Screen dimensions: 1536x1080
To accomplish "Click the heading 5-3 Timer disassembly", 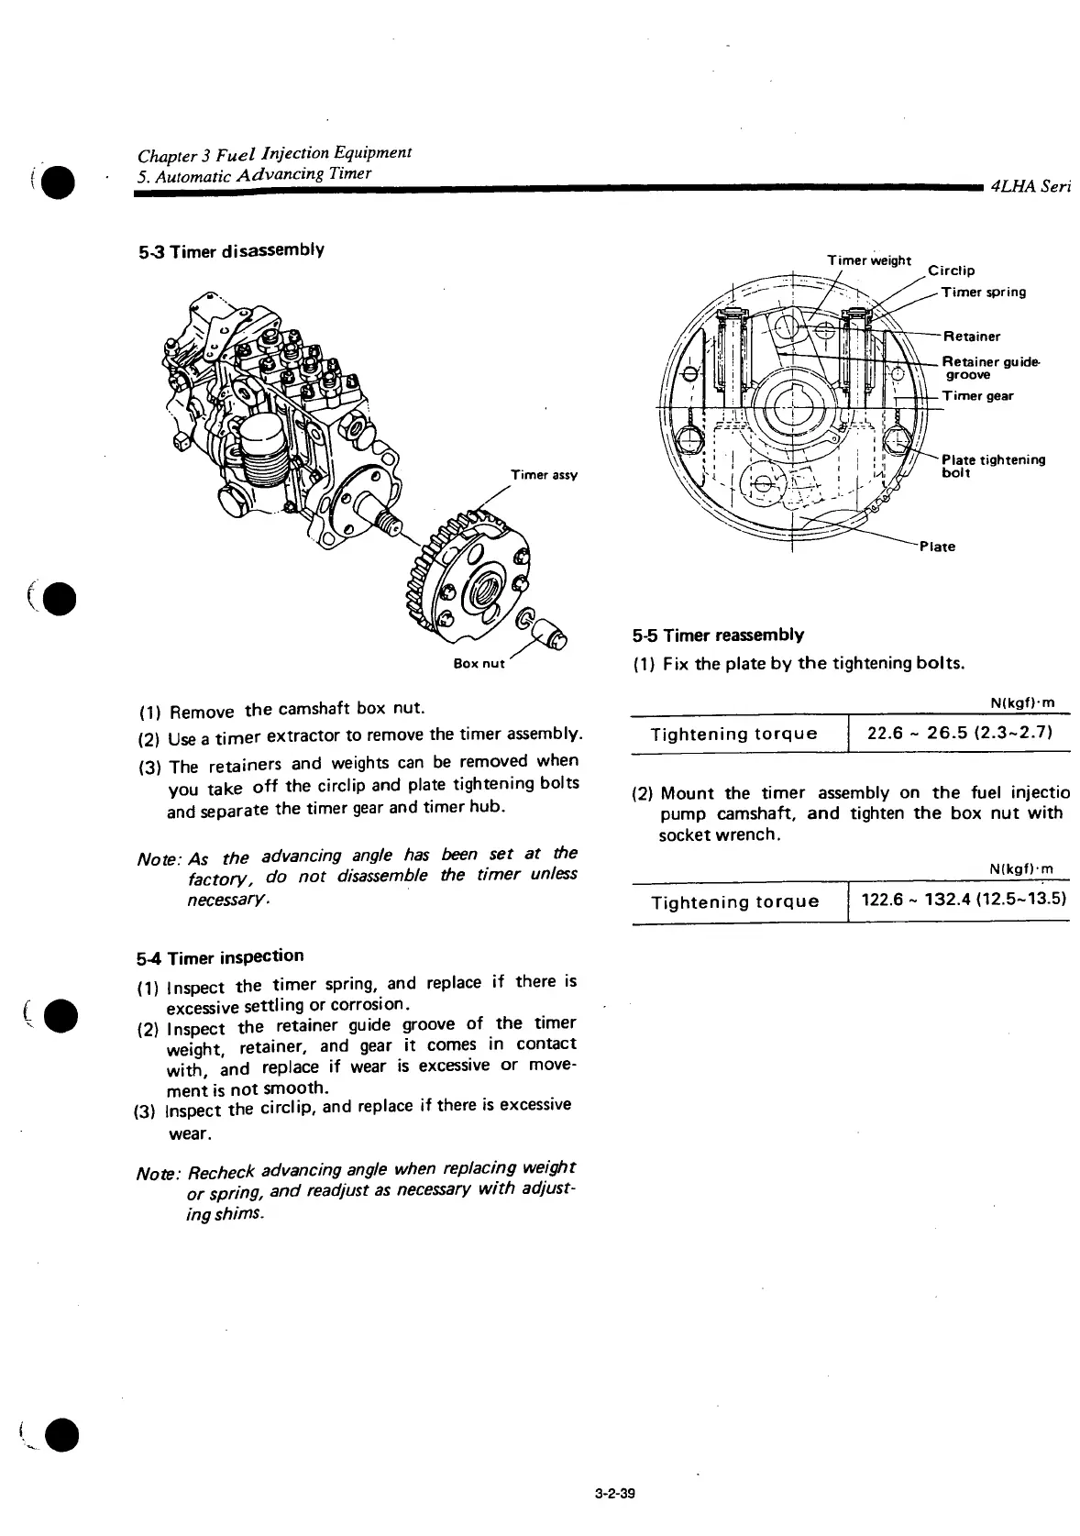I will coord(229,250).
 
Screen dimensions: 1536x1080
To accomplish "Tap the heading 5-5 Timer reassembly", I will coord(718,635).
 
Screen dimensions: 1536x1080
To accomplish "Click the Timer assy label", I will coord(544,475).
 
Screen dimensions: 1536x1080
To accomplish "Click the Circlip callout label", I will coord(952,271).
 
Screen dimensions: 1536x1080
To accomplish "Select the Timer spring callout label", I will coord(984,293).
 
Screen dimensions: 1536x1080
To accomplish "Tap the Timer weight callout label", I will coord(869,260).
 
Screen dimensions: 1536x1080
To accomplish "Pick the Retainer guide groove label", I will coord(990,368).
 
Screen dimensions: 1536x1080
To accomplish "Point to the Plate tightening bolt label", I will coord(993,466).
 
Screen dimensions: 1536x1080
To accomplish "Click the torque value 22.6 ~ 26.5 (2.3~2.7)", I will coord(960,732).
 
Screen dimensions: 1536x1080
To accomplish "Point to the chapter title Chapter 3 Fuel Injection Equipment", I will coord(273,152).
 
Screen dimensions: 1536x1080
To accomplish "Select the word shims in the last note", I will coord(242,1214).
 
